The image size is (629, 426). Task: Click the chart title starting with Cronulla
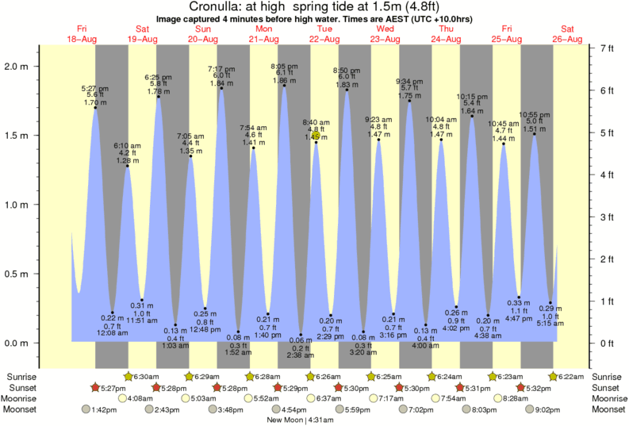click(314, 7)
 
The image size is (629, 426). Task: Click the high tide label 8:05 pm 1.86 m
click(283, 73)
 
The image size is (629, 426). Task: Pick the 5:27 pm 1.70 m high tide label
click(94, 95)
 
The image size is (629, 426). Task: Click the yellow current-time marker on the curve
click(316, 136)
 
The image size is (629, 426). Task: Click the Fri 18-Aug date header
click(82, 34)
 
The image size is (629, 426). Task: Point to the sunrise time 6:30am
click(147, 376)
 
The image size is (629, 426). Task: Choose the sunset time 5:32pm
click(542, 387)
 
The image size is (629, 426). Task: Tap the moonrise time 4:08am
click(140, 398)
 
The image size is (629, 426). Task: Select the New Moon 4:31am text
click(299, 420)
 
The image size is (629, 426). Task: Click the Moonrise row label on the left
click(24, 398)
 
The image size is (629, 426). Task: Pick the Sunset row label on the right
click(606, 387)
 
